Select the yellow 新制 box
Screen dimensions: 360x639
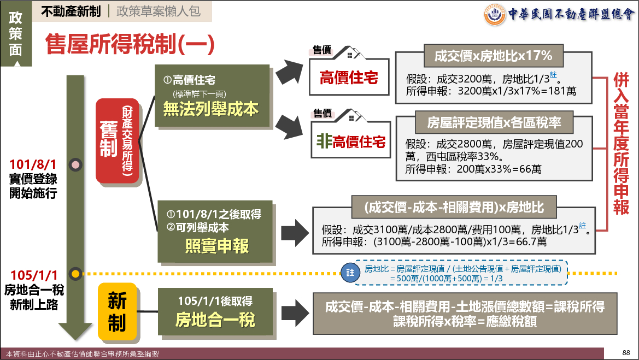[x=116, y=311]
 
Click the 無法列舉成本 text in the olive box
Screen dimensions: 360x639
[x=211, y=109]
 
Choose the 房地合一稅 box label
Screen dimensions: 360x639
[x=215, y=320]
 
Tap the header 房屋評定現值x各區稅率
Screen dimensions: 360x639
[x=494, y=122]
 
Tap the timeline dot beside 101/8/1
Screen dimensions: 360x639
[x=75, y=164]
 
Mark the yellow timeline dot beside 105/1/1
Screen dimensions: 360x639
[x=75, y=273]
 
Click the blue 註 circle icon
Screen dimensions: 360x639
[x=350, y=272]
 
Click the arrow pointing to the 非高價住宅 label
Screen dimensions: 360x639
[x=290, y=127]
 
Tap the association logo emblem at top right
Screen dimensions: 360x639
[x=495, y=14]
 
